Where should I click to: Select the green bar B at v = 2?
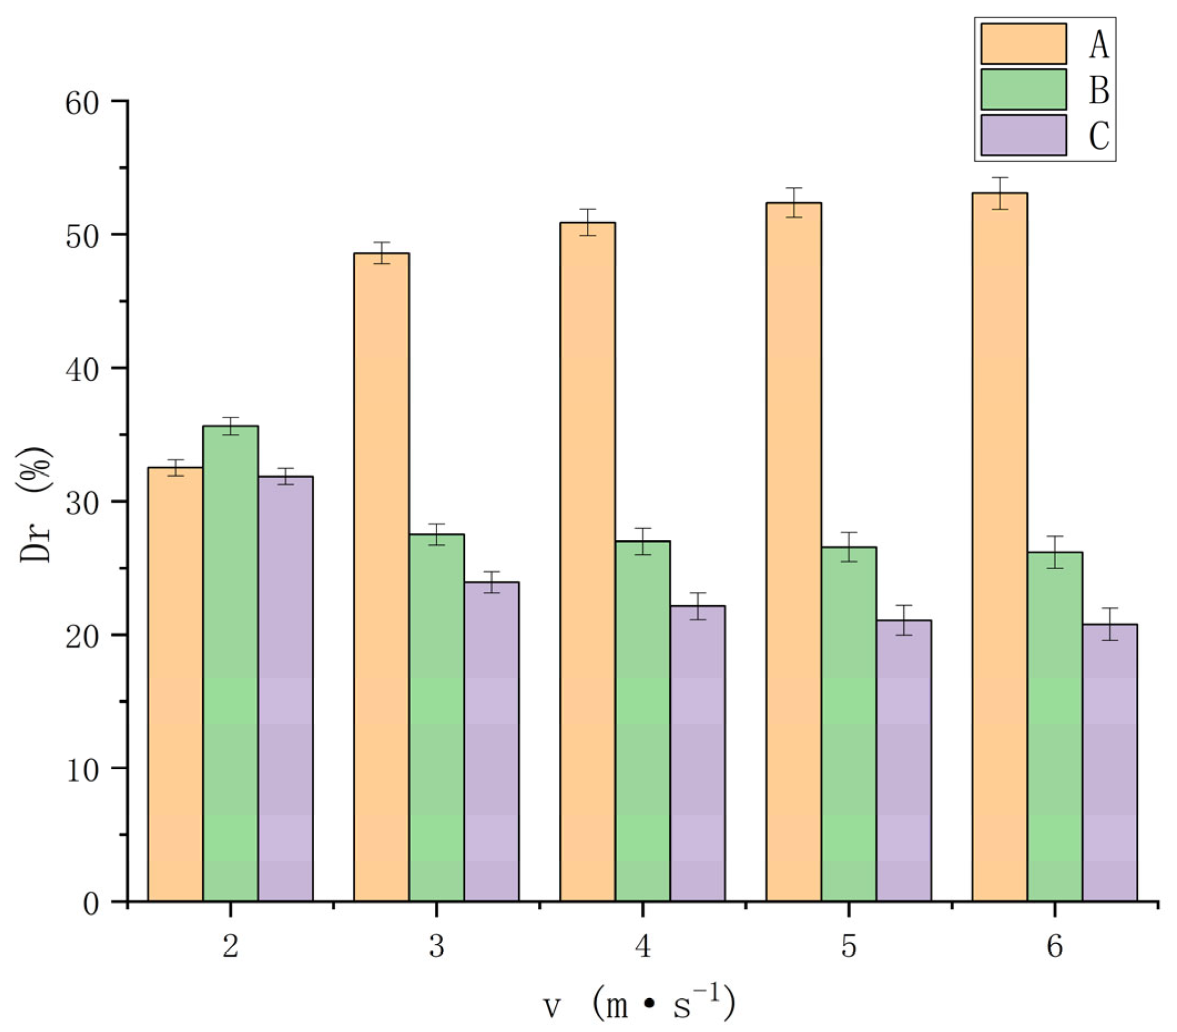(231, 662)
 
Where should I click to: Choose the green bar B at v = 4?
(643, 720)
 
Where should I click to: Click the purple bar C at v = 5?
(903, 760)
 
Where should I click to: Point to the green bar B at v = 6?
(1055, 726)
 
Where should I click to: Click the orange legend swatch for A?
(1024, 44)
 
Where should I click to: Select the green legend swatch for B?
(1024, 89)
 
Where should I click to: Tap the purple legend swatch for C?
(1024, 135)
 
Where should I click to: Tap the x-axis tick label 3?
(437, 946)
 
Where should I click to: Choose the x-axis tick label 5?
(848, 946)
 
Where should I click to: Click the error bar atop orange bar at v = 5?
(794, 202)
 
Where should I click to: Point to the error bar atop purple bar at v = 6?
(1109, 624)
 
